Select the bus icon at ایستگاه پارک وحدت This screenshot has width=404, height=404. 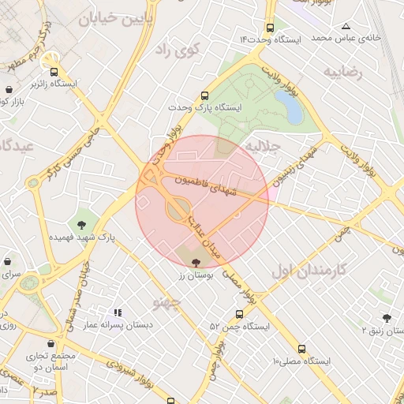point(207,92)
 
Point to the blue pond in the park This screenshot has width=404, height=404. point(294,112)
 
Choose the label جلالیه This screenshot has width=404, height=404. point(260,148)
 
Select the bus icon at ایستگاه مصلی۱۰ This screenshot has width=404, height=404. point(301,348)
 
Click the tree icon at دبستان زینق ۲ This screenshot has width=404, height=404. point(386,318)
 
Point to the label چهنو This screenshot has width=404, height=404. point(166,301)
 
